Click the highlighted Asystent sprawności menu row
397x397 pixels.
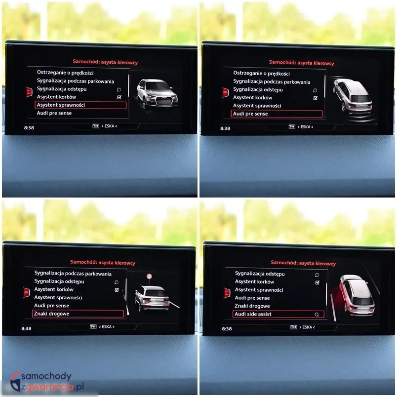pos(80,105)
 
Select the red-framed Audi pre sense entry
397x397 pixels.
pos(277,114)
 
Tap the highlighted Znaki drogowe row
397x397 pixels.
pos(78,314)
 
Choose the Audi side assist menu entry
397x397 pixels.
pos(278,314)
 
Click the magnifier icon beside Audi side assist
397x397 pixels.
pos(317,315)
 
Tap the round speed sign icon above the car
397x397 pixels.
pos(150,276)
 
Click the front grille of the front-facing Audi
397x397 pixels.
pos(164,101)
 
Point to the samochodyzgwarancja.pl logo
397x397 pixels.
pos(47,382)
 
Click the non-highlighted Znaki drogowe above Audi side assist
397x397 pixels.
pos(252,306)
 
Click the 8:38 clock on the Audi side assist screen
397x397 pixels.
pos(227,329)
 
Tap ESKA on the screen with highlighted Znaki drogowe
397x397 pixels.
pos(107,326)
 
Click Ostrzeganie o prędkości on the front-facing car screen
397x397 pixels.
pos(65,73)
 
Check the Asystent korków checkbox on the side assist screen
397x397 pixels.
pos(317,282)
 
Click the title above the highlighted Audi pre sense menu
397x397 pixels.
pos(302,63)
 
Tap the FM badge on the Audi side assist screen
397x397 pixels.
pos(293,327)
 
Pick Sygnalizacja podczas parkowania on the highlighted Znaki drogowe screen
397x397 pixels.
pos(73,274)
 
